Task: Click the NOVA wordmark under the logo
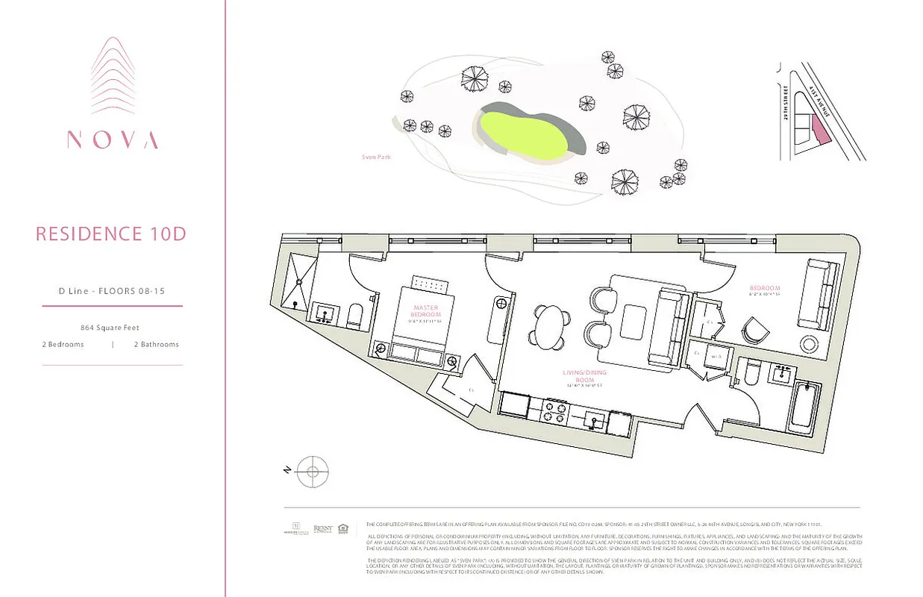point(113,140)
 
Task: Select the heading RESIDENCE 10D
point(111,234)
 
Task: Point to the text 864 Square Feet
point(110,328)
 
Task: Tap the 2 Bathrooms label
point(156,345)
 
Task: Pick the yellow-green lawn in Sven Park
point(521,133)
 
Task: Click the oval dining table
point(551,326)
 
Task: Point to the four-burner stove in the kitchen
point(555,410)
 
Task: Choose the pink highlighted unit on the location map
point(820,131)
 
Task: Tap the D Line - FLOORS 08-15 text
point(111,291)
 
